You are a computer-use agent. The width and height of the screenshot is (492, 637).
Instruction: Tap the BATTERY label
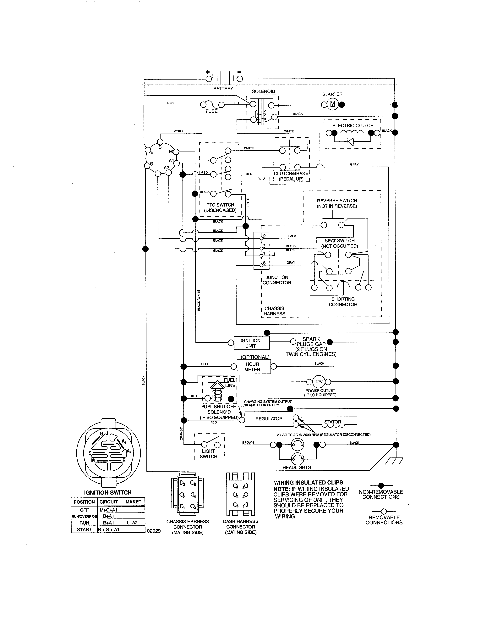[223, 89]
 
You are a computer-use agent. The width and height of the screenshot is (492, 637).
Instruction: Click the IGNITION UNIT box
[250, 343]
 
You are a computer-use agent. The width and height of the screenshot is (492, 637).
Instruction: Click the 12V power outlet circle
[319, 382]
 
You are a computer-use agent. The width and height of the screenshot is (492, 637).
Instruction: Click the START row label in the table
[84, 529]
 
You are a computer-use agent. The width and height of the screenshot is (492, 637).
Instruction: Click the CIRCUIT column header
[108, 502]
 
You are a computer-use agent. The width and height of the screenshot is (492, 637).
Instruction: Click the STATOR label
[333, 422]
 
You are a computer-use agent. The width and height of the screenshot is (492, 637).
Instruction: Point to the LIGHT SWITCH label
[208, 454]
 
